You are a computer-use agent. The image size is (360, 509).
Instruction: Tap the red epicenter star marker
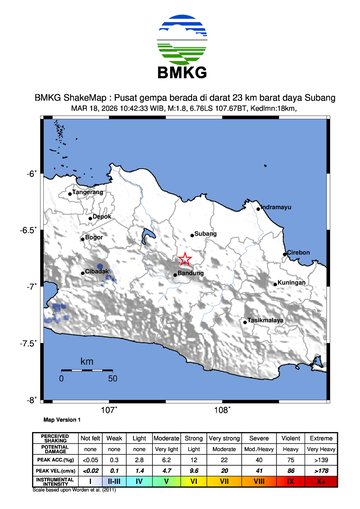click(185, 260)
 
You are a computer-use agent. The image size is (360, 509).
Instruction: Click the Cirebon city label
click(299, 253)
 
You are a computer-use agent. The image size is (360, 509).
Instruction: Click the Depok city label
click(104, 216)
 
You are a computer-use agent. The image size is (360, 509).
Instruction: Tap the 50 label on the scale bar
click(113, 379)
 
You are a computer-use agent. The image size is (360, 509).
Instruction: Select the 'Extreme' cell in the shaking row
click(321, 439)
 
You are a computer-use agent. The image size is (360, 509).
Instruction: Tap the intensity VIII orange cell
click(259, 480)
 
